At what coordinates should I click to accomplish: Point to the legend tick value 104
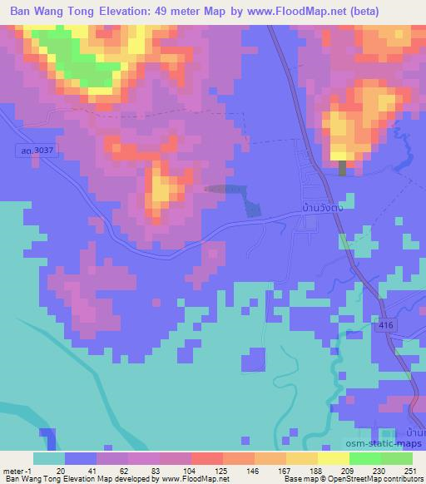tap(177, 470)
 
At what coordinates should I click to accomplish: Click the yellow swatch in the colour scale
tap(333, 458)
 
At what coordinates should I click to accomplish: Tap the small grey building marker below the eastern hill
tap(342, 167)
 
